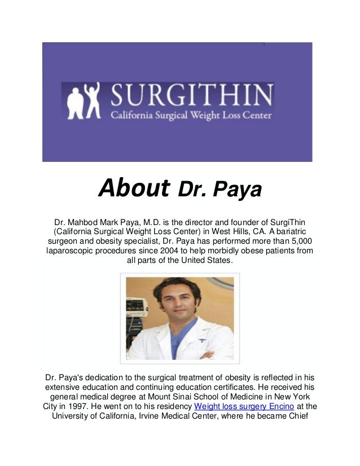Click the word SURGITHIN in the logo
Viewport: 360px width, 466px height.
point(192,96)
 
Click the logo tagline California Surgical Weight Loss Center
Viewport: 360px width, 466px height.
point(191,116)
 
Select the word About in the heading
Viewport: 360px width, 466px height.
point(134,189)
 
